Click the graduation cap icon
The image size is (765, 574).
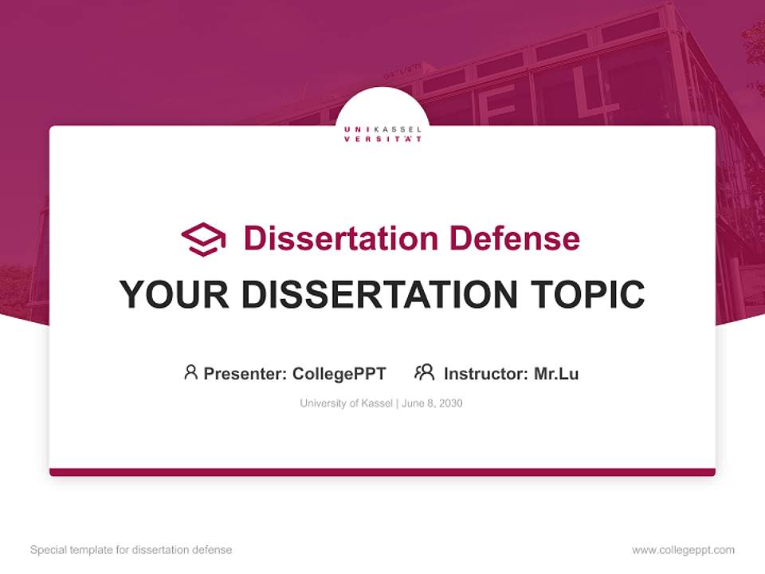(203, 239)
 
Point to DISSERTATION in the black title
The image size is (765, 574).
(374, 295)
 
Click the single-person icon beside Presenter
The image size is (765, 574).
(190, 372)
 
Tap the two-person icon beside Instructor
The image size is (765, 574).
(425, 372)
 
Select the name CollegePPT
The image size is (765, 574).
(339, 373)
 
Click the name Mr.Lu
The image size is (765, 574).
(556, 373)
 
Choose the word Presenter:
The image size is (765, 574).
(245, 373)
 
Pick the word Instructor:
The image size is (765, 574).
(486, 373)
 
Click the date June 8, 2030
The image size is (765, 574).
(432, 403)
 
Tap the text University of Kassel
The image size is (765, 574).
(346, 403)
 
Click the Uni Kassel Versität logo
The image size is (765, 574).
(382, 133)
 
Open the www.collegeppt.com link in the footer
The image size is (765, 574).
(683, 550)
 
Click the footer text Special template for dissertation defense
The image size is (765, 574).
(131, 550)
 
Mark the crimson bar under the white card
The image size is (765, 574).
(382, 472)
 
